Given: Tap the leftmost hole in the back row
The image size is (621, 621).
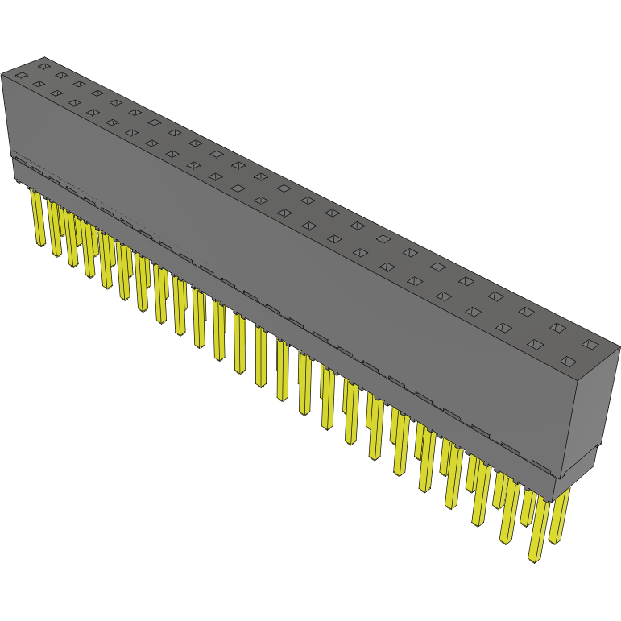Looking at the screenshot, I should tap(44, 66).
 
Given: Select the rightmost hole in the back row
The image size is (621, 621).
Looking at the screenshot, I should tap(590, 344).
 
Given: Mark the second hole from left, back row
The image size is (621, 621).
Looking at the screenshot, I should tap(61, 75).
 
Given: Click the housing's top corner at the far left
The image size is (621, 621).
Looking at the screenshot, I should tap(2, 74).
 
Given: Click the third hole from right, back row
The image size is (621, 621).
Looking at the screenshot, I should tap(526, 311).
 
